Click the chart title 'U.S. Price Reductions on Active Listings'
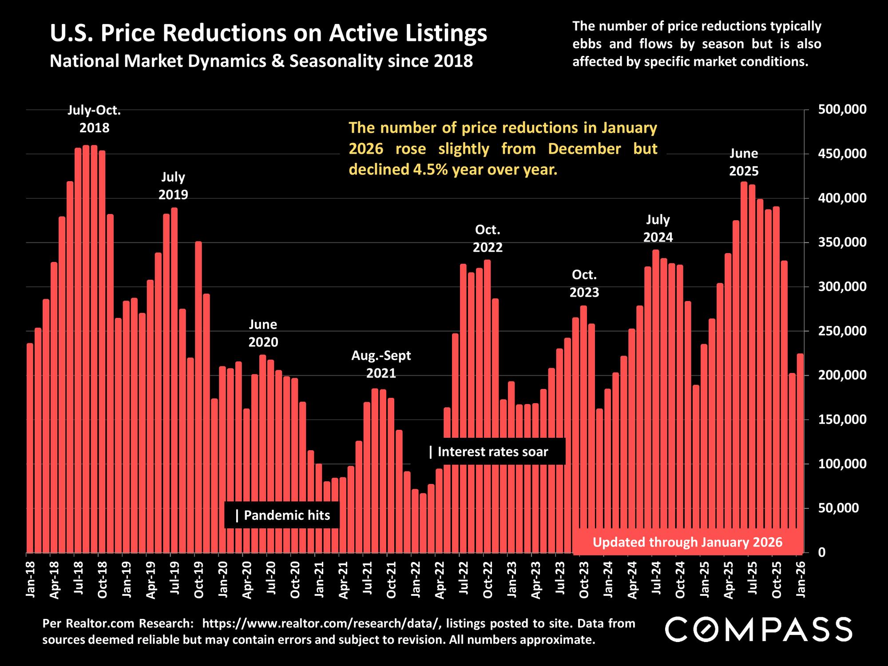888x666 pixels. [x=269, y=33]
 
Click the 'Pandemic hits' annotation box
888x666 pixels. [x=282, y=515]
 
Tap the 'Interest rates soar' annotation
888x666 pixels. [x=489, y=452]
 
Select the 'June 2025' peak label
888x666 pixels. [x=744, y=163]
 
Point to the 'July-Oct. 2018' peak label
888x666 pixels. [x=94, y=119]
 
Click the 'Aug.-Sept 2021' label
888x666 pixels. [x=381, y=364]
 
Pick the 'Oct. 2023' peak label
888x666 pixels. [x=584, y=284]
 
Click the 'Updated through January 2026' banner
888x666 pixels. [x=687, y=542]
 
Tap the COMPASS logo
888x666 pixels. [x=758, y=629]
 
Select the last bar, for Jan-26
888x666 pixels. [x=800, y=453]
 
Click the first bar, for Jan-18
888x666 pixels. [x=30, y=448]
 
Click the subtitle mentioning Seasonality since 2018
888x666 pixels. [x=261, y=61]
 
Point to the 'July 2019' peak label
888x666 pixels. [x=173, y=186]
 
